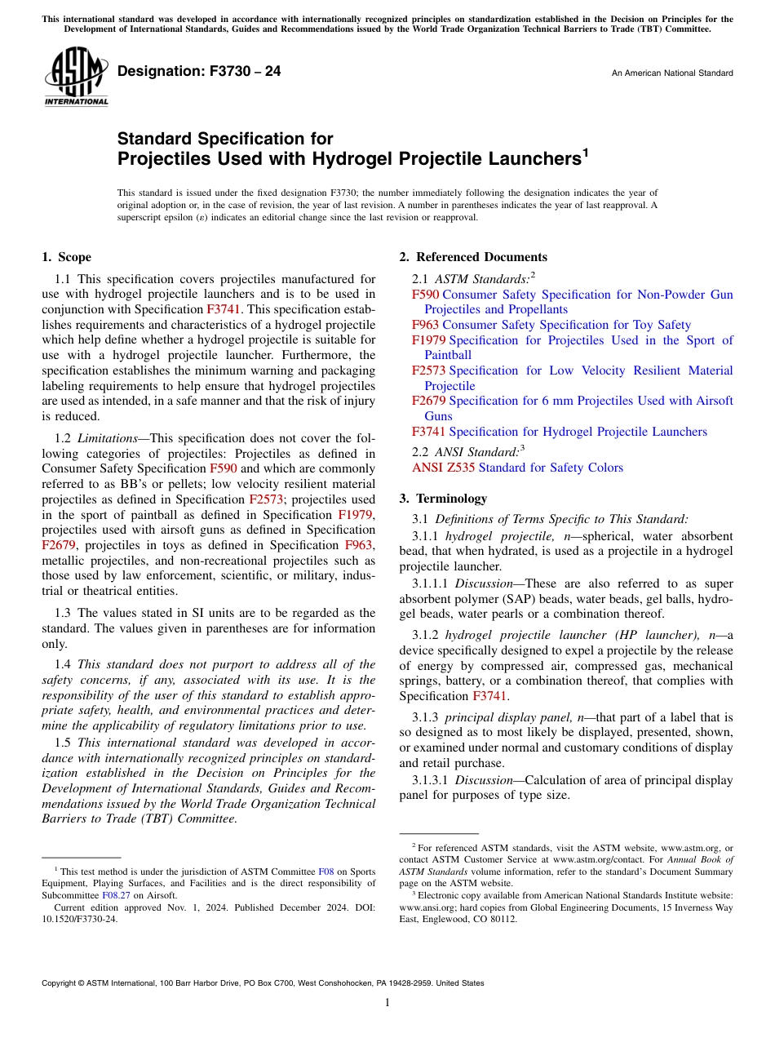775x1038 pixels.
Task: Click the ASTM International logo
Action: [x=76, y=75]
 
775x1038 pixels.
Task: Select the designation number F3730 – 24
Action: [x=199, y=72]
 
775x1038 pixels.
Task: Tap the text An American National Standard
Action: [x=672, y=73]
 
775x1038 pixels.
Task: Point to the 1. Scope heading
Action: [x=66, y=257]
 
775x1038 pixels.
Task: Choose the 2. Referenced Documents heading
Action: [x=473, y=257]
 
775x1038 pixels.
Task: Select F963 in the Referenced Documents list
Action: [x=425, y=325]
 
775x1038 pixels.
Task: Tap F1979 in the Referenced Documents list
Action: [x=428, y=340]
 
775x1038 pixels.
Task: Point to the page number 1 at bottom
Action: [x=387, y=1003]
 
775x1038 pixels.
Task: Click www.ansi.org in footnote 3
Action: [x=423, y=907]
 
